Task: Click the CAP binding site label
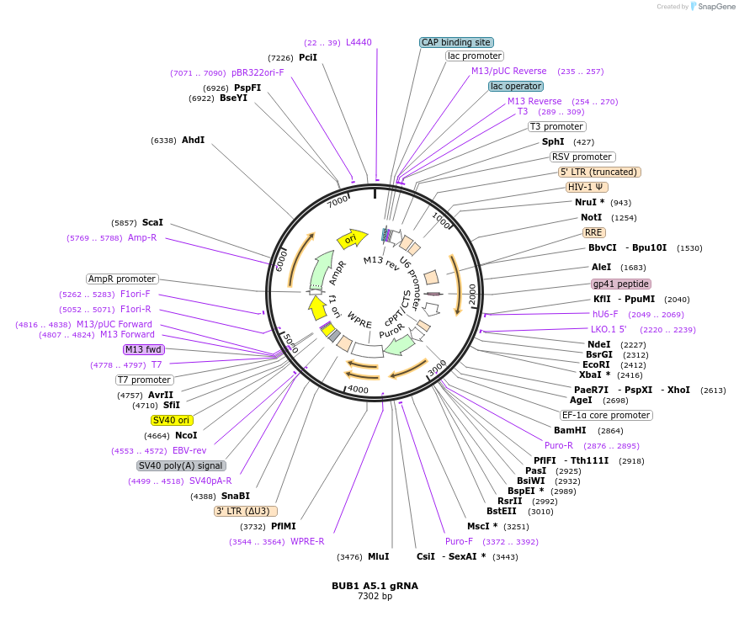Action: [456, 42]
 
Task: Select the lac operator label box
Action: [516, 86]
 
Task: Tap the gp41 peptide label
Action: [621, 284]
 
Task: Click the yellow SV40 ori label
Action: [172, 420]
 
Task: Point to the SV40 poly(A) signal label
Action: [181, 465]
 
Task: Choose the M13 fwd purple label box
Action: [144, 349]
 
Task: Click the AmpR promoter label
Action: [122, 279]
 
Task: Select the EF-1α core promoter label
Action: [607, 415]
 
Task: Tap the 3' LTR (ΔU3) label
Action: [246, 511]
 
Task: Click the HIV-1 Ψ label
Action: [587, 187]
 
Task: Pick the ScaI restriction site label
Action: [152, 222]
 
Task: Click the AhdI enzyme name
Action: [193, 140]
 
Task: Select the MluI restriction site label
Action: [379, 556]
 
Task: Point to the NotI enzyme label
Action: [592, 217]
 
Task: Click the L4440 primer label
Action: [359, 42]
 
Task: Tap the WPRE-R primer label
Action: [307, 541]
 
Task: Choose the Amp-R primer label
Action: [142, 237]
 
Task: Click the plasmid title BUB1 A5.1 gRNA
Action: [375, 586]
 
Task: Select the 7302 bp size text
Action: [375, 597]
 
